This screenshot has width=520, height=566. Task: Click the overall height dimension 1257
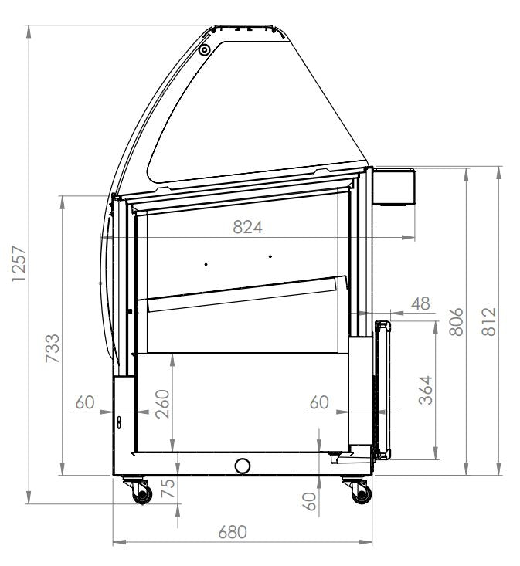coord(19,264)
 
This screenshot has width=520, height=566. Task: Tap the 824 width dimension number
coord(248,227)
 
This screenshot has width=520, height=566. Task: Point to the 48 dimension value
coord(420,303)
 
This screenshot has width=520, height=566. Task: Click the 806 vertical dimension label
coord(456,322)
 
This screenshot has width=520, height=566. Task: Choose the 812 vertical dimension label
coord(488,322)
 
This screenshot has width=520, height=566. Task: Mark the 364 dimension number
coord(423,391)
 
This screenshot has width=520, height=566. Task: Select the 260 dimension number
coord(162,402)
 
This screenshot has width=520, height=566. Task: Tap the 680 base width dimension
coord(233,532)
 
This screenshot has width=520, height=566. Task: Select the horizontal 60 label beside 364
coord(319,402)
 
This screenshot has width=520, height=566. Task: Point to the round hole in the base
coord(243,465)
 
